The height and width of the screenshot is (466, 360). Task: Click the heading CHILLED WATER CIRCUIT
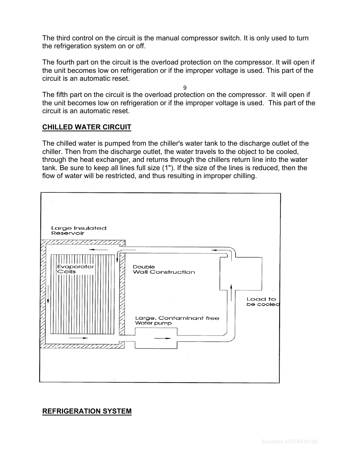coord(86,127)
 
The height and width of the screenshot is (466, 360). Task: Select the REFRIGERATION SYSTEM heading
coord(87,411)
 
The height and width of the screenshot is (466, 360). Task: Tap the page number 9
coord(185,88)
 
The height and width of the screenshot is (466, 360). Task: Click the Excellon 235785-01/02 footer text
coord(289,441)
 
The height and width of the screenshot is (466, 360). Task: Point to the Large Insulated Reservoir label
coord(78,231)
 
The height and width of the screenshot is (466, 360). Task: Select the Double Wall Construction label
coord(163,269)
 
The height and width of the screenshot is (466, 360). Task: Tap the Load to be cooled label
coord(262,301)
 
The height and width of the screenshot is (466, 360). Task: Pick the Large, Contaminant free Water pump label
coord(177,320)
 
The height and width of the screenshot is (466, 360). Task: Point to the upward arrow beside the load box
coord(231,290)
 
